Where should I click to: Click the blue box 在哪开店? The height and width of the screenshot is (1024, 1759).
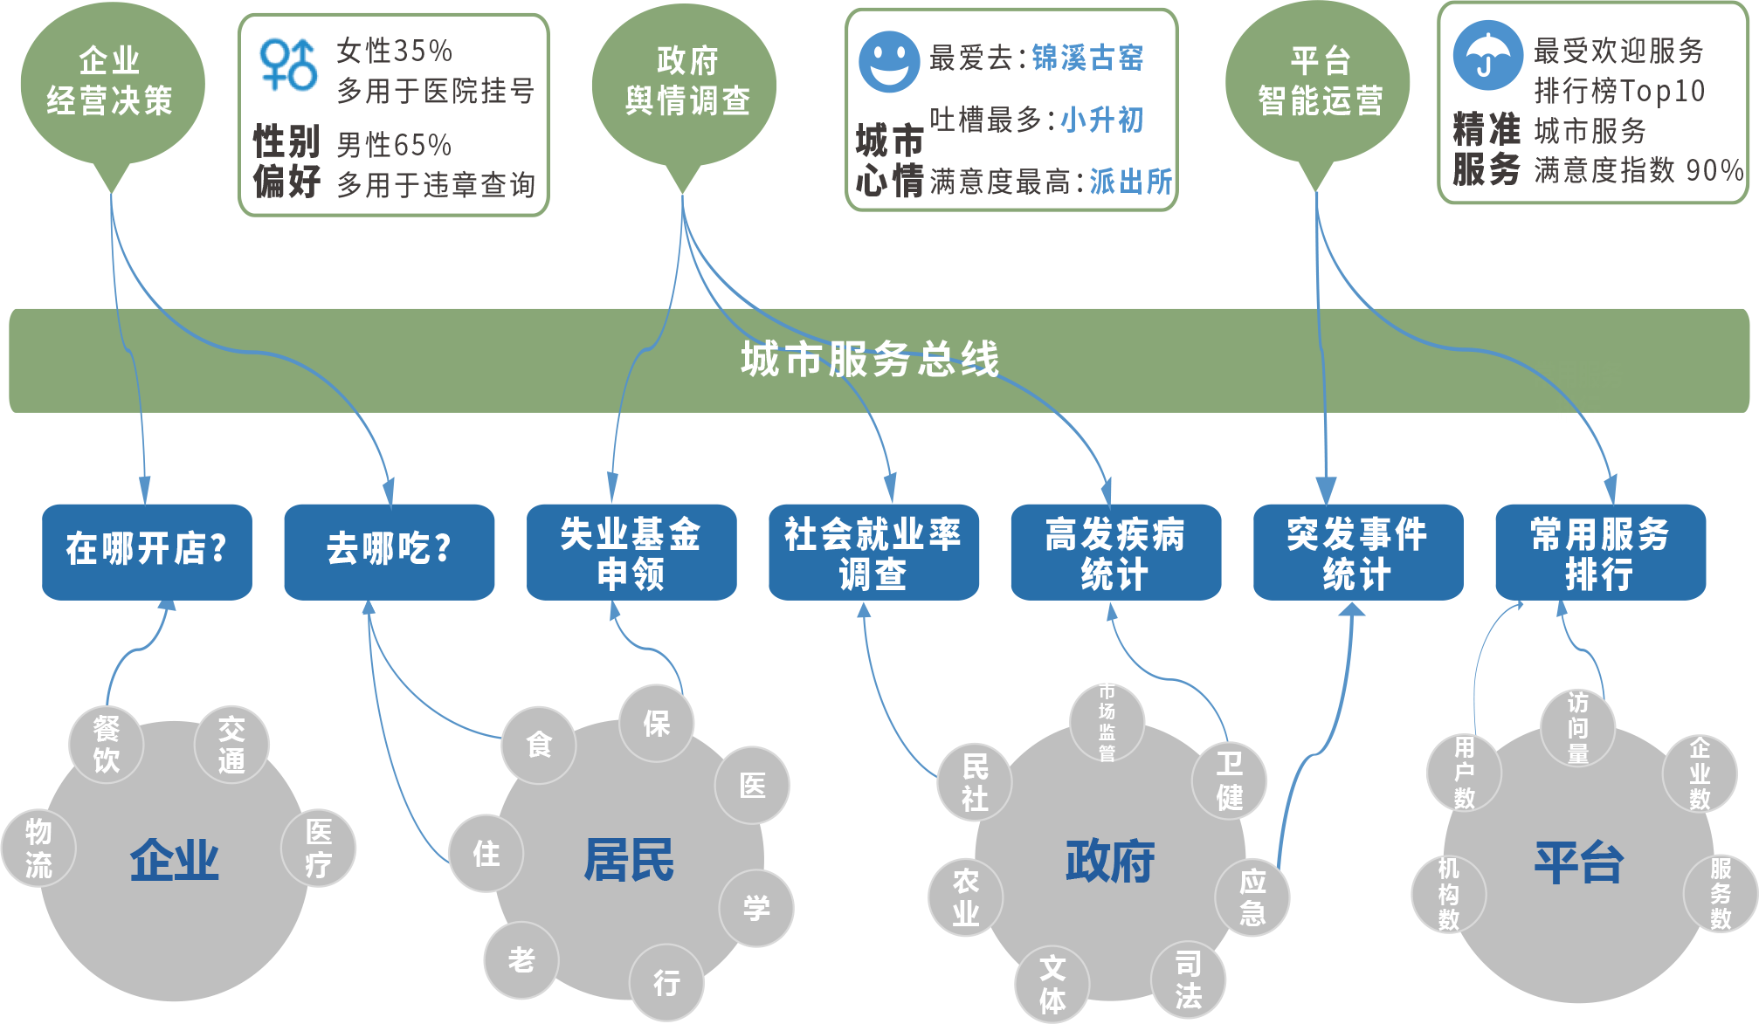coord(147,551)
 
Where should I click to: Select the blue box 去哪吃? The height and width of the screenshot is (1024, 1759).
coord(389,551)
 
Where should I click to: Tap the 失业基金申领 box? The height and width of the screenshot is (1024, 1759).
coord(631,551)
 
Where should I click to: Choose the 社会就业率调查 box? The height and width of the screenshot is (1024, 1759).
coord(873,551)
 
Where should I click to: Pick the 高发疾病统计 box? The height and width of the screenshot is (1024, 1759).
coord(1114,551)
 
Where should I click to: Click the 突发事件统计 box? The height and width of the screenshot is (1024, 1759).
coord(1357,551)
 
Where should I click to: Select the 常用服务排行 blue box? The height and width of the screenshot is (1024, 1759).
coord(1599,551)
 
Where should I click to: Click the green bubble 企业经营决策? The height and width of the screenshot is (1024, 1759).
coord(111,82)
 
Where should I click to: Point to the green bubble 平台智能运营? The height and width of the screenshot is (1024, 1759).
coord(1319,82)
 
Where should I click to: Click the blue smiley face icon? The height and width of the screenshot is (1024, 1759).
coord(888,62)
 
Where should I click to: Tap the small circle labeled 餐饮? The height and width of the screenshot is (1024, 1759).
coord(107,744)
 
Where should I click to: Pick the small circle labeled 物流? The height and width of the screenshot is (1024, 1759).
coord(38,848)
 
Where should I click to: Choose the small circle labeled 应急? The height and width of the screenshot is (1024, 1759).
coord(1252,897)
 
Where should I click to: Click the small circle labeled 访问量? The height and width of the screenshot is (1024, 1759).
coord(1577,727)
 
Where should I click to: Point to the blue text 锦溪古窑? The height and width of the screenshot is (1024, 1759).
coord(1087,58)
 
